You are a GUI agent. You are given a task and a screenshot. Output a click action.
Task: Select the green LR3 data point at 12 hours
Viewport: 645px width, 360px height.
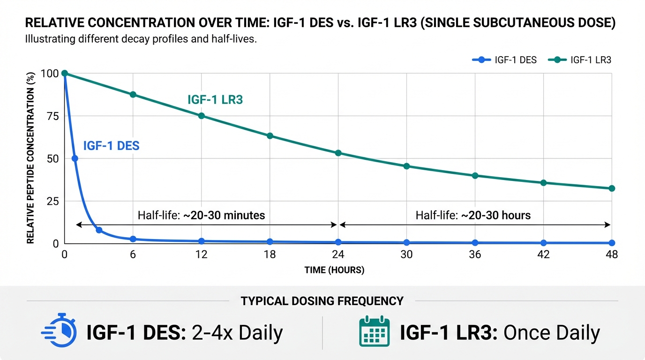(x=202, y=116)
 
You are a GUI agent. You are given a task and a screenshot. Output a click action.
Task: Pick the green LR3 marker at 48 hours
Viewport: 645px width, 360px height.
(x=611, y=188)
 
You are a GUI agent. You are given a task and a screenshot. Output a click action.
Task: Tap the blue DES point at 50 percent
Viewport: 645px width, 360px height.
(x=75, y=158)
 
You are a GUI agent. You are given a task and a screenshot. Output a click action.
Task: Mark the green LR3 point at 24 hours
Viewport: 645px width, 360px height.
(x=338, y=153)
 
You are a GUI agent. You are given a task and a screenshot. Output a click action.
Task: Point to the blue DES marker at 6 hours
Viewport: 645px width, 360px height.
(x=133, y=239)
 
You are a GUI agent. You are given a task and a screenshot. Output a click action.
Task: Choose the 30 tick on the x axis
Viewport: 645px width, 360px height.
(x=406, y=255)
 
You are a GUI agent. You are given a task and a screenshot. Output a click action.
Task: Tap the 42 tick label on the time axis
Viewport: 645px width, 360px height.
(x=543, y=255)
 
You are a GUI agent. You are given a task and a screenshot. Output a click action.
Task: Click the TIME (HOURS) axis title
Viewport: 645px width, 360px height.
(x=334, y=270)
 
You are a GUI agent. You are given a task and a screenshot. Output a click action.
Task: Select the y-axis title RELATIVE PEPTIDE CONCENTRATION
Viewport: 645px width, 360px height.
(x=31, y=158)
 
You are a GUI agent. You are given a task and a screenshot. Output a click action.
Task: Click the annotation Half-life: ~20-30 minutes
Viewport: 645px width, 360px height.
(x=202, y=216)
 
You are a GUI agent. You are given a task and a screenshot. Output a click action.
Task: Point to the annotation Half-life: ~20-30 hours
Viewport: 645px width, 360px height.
(x=473, y=216)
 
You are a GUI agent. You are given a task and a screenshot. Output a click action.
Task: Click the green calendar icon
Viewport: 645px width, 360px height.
(x=374, y=332)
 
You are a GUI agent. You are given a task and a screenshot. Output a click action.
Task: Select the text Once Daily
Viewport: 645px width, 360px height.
(x=552, y=333)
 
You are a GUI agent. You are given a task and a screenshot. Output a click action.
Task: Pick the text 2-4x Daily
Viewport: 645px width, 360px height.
(x=237, y=333)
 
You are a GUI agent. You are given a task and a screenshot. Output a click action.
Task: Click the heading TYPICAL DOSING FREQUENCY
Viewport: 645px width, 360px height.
(x=322, y=301)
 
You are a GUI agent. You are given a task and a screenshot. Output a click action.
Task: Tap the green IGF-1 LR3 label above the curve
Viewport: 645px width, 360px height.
(x=215, y=99)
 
